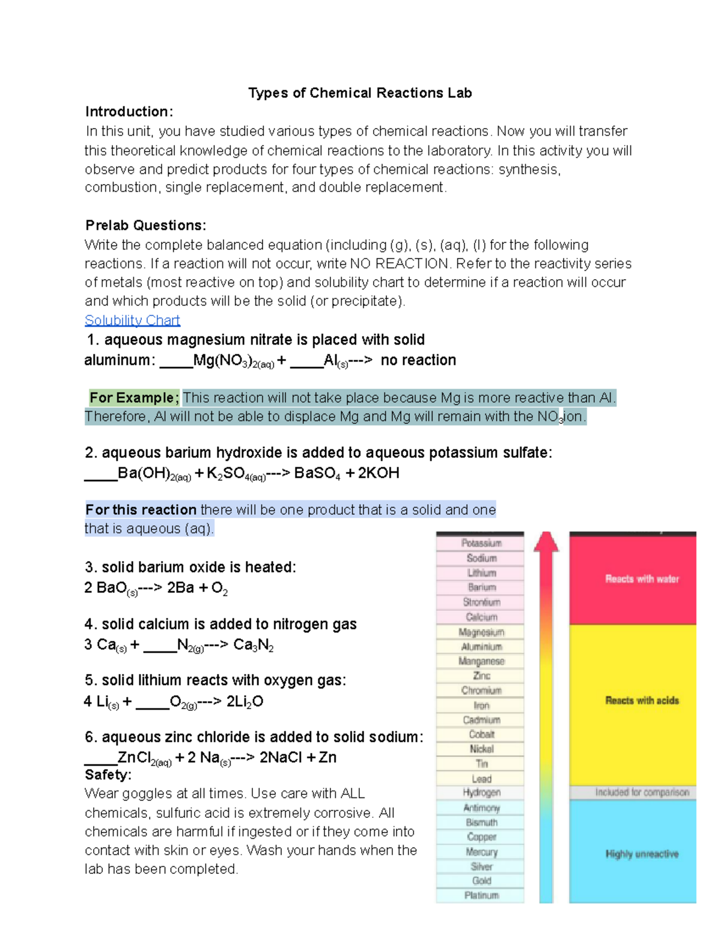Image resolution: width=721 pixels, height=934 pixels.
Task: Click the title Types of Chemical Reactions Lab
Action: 360,93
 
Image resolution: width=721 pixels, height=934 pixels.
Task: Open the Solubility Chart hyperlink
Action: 132,320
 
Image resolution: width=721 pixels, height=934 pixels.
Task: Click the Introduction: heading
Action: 129,112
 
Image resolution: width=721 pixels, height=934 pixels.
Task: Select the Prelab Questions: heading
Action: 145,226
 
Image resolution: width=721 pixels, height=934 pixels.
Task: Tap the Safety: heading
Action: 108,775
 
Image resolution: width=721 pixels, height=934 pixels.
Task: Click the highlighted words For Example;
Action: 134,398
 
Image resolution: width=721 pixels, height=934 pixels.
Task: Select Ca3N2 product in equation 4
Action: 253,645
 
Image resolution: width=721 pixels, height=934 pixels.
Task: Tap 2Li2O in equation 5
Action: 245,702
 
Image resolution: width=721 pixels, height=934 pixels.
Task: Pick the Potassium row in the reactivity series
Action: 481,543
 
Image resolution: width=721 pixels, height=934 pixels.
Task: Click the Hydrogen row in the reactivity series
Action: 481,793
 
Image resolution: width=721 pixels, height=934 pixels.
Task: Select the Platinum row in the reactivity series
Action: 481,896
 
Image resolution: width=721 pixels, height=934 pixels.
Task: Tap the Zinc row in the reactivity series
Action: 481,676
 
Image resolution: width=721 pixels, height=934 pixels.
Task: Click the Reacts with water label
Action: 642,579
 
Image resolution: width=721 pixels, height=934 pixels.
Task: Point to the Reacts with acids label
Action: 642,701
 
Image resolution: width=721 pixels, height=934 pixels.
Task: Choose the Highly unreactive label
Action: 642,854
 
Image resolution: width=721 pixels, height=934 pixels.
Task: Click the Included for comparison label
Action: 642,793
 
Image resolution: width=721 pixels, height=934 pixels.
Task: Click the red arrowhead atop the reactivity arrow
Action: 546,541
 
